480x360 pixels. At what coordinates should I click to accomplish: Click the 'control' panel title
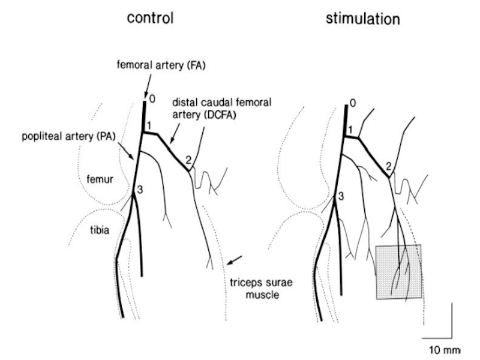149,18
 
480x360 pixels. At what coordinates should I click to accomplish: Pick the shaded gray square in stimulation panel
398,271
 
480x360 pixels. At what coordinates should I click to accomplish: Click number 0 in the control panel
152,98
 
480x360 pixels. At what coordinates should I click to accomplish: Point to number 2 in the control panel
189,160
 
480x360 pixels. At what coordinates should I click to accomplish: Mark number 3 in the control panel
140,190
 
